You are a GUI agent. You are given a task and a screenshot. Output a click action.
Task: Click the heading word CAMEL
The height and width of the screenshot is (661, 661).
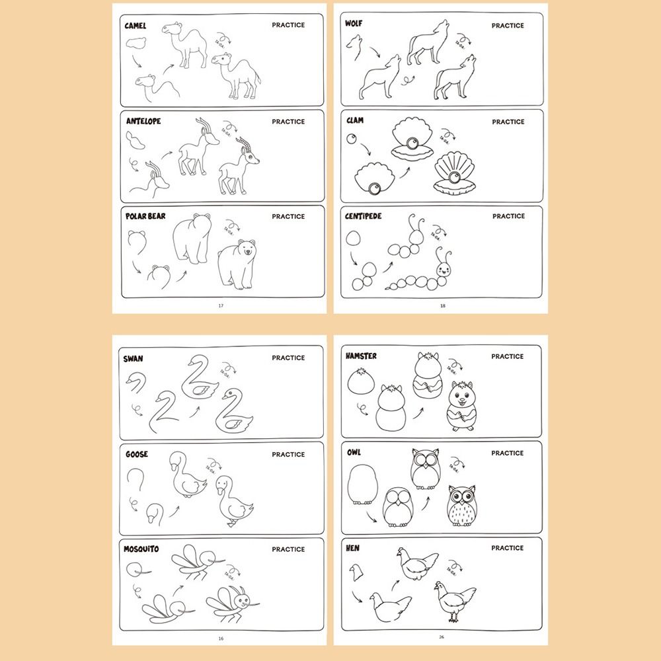[x=136, y=26]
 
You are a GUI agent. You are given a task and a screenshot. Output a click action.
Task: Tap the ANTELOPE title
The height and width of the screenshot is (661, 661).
[x=143, y=122]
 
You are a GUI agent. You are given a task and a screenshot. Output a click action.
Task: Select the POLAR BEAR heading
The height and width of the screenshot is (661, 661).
[x=145, y=217]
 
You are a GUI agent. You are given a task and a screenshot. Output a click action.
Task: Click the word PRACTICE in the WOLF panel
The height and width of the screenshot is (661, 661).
[x=508, y=26]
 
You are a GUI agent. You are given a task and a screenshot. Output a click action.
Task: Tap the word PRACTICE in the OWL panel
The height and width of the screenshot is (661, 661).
[x=507, y=453]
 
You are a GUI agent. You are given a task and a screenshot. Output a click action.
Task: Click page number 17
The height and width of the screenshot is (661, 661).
[x=221, y=305]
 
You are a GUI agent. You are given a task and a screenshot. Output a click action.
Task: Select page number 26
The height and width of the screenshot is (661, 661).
[x=441, y=637]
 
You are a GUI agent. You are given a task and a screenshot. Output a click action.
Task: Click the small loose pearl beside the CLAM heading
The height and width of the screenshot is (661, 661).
[x=351, y=139]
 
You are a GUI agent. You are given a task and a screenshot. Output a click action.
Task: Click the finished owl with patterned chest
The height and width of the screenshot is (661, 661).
[x=461, y=507]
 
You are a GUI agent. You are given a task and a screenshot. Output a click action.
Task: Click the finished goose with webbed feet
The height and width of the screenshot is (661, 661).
[x=233, y=502]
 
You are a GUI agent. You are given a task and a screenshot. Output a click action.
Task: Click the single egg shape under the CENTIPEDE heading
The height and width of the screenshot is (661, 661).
[x=355, y=239]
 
